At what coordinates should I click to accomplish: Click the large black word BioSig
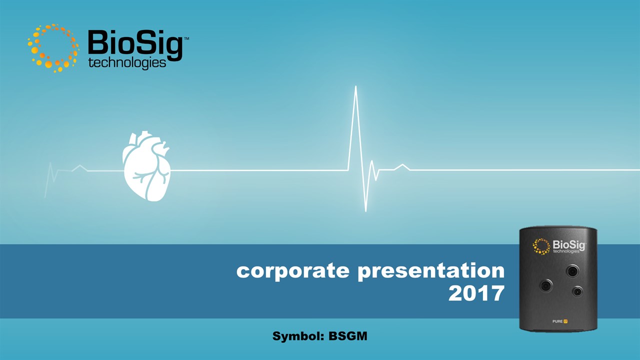coord(135,45)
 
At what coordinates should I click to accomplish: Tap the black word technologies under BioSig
coord(127,63)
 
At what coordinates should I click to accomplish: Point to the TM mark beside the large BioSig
coord(186,38)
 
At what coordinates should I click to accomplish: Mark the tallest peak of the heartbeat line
coord(355,86)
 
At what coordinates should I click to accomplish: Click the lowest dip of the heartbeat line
coord(365,211)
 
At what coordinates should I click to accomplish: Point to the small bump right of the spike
coord(402,165)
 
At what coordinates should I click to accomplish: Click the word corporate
coord(293,271)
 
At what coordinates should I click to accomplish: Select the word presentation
coord(431,271)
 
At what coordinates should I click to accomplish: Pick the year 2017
coord(476,293)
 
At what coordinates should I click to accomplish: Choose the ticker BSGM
coord(347,336)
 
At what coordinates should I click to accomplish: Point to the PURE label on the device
coord(557,321)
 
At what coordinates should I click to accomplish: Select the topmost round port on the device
coord(572,271)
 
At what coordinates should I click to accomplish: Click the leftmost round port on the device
coord(546,285)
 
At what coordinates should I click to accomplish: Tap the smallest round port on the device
coord(577,291)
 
